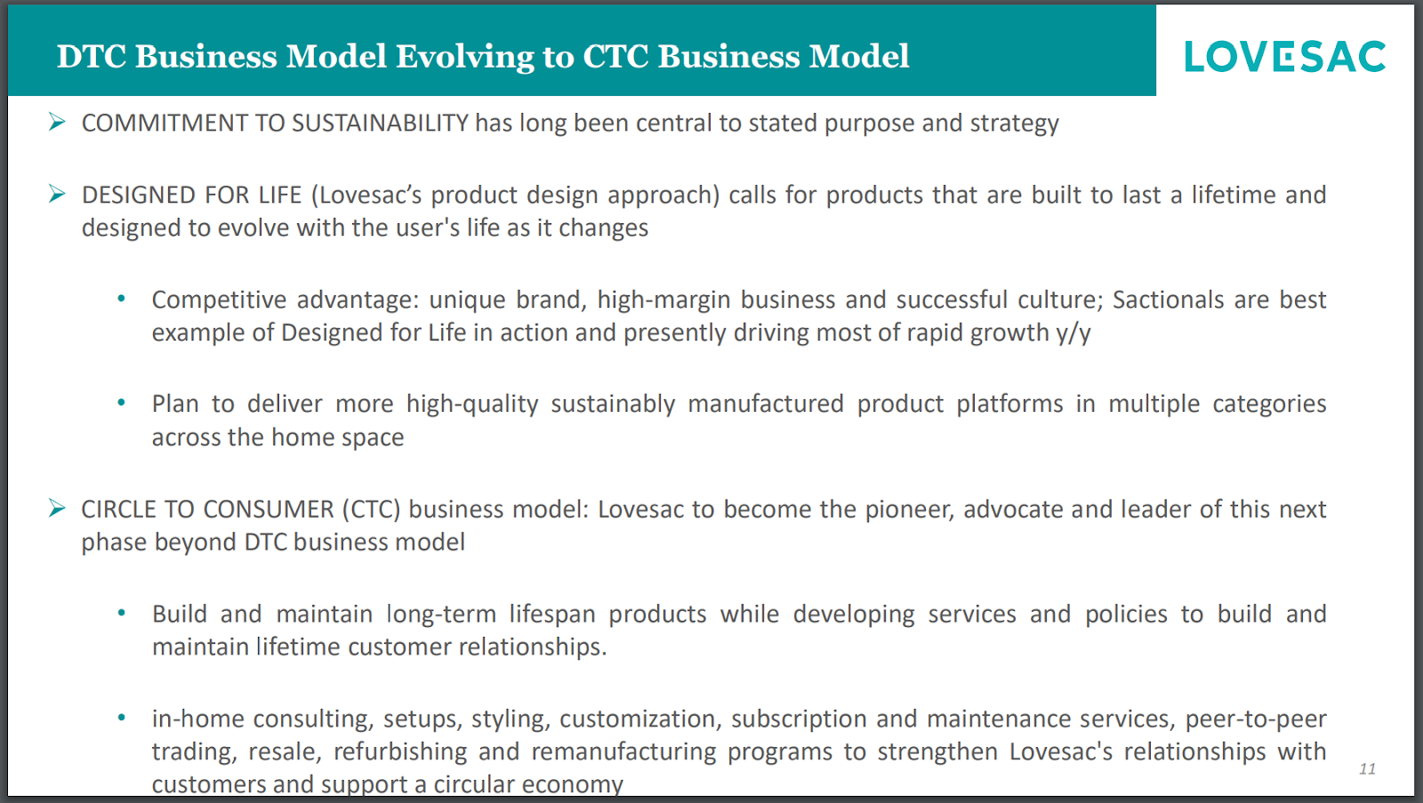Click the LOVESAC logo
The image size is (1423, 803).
[1284, 56]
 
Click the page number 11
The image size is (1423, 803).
[1367, 768]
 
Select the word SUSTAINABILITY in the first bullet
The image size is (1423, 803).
[380, 123]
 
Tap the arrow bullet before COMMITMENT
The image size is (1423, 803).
[57, 121]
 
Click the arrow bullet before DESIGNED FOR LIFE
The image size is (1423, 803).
[57, 193]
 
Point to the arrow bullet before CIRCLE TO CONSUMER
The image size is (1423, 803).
[57, 508]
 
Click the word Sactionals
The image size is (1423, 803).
[1169, 299]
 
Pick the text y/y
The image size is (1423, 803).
[1073, 333]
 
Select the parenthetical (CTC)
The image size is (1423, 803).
[372, 510]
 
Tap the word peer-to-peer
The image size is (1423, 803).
[1256, 719]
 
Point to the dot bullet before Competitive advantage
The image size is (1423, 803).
[121, 298]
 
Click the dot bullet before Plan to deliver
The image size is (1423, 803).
[121, 402]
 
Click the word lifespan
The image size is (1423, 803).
[552, 614]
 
